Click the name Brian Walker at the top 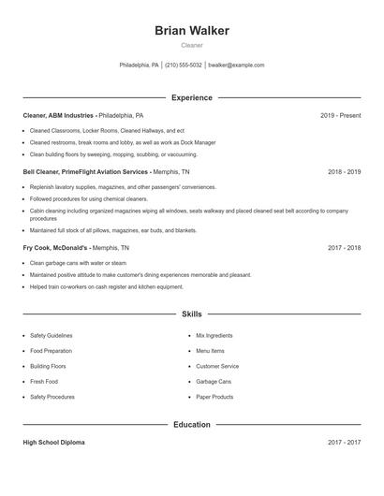(192, 31)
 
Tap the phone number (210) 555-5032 (183, 66)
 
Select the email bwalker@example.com (236, 66)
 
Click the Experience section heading (192, 97)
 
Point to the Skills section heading (192, 314)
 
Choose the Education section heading (192, 425)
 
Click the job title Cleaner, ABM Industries (58, 115)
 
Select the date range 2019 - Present (340, 115)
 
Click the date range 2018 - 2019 (344, 172)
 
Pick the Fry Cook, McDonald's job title (55, 248)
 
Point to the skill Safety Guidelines (52, 335)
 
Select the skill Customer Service (217, 366)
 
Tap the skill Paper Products (214, 397)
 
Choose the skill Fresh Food (44, 382)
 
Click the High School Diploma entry (54, 443)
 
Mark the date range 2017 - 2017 (344, 443)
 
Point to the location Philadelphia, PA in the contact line (140, 66)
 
